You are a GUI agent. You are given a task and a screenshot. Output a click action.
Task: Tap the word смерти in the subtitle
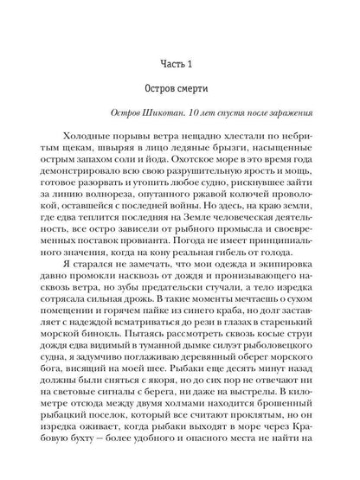(201, 92)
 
